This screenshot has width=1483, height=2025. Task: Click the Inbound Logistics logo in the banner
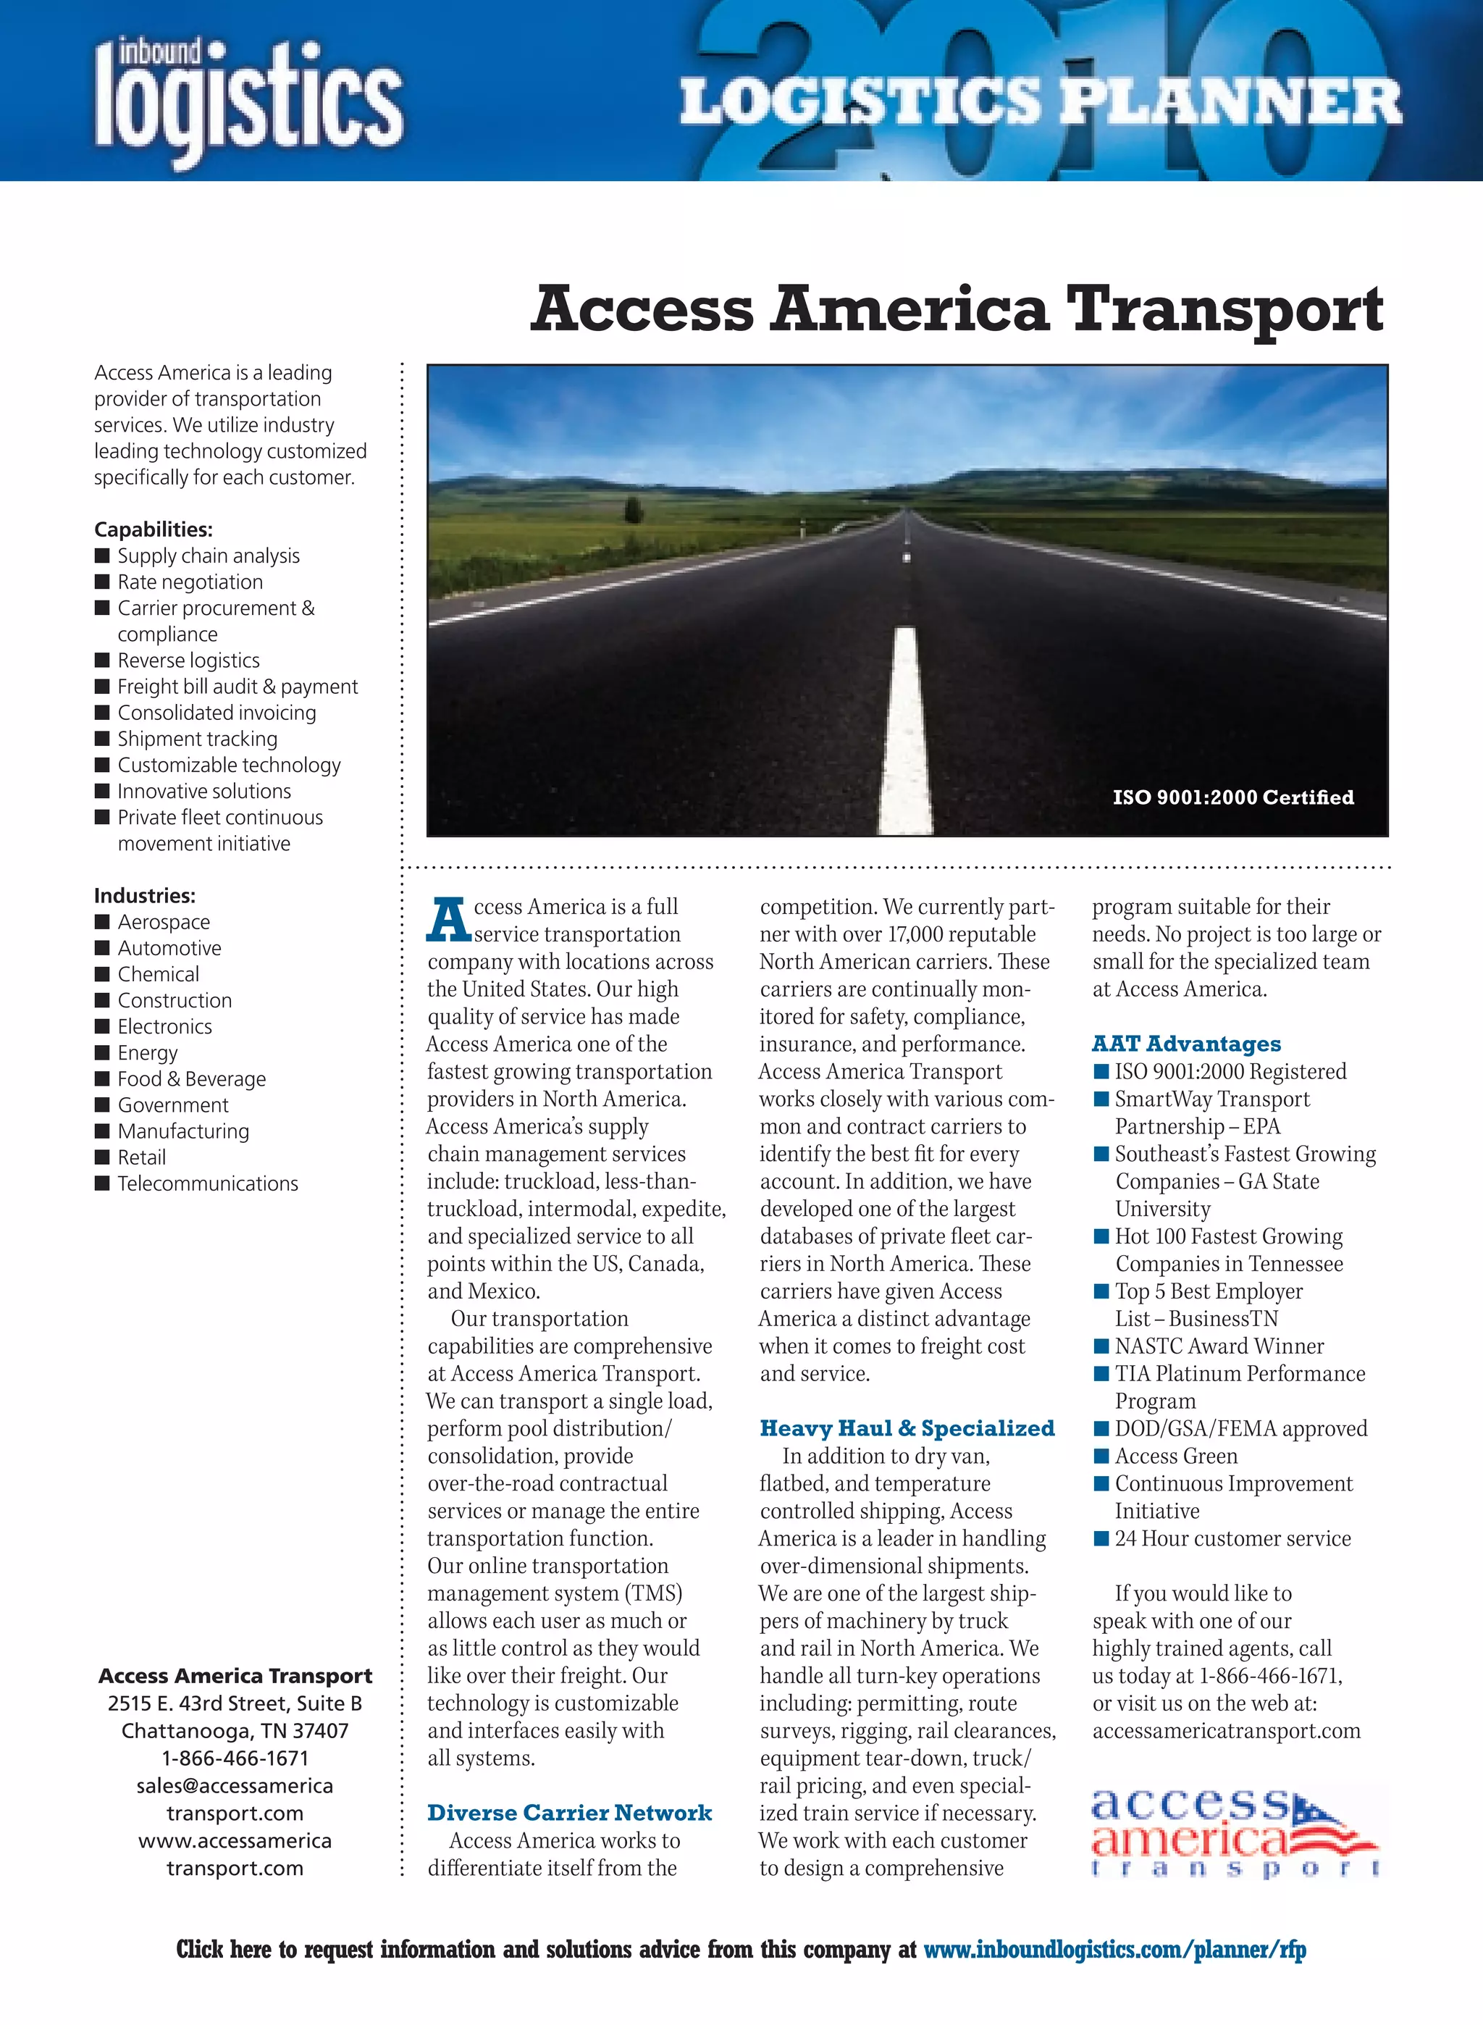pyautogui.click(x=248, y=98)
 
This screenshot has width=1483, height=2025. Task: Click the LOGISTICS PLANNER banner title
pyautogui.click(x=1040, y=101)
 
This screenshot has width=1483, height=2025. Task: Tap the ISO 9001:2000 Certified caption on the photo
pyautogui.click(x=1232, y=797)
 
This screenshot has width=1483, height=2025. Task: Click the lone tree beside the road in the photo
pyautogui.click(x=634, y=510)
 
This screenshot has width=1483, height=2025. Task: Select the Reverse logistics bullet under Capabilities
pyautogui.click(x=188, y=661)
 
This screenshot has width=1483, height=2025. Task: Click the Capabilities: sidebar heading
pyautogui.click(x=154, y=529)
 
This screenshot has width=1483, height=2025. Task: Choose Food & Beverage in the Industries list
pyautogui.click(x=191, y=1079)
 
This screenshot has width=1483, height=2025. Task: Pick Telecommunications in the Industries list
pyautogui.click(x=207, y=1184)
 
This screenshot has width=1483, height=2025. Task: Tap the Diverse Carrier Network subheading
pyautogui.click(x=569, y=1812)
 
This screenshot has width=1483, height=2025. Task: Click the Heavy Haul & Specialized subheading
pyautogui.click(x=907, y=1428)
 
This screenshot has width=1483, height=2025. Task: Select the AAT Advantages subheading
pyautogui.click(x=1186, y=1043)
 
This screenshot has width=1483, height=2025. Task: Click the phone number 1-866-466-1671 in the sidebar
pyautogui.click(x=235, y=1758)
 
